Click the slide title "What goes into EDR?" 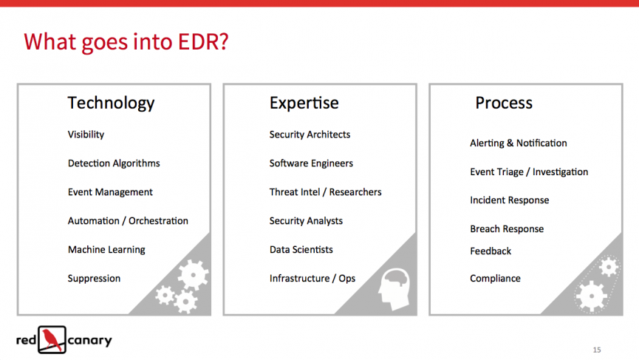(126, 42)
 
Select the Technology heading (111, 103)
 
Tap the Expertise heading (304, 103)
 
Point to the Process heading (504, 103)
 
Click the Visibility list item (86, 135)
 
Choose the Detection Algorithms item (114, 163)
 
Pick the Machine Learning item (106, 250)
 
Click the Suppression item (94, 279)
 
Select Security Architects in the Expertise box (310, 135)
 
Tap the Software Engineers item (311, 163)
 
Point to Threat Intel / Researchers (325, 192)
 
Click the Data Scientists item (301, 250)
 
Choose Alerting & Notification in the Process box (519, 143)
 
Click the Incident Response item (510, 200)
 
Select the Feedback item (491, 251)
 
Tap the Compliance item (495, 279)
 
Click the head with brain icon (394, 289)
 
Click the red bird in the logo (52, 339)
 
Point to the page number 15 (597, 350)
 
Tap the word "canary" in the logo (89, 341)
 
